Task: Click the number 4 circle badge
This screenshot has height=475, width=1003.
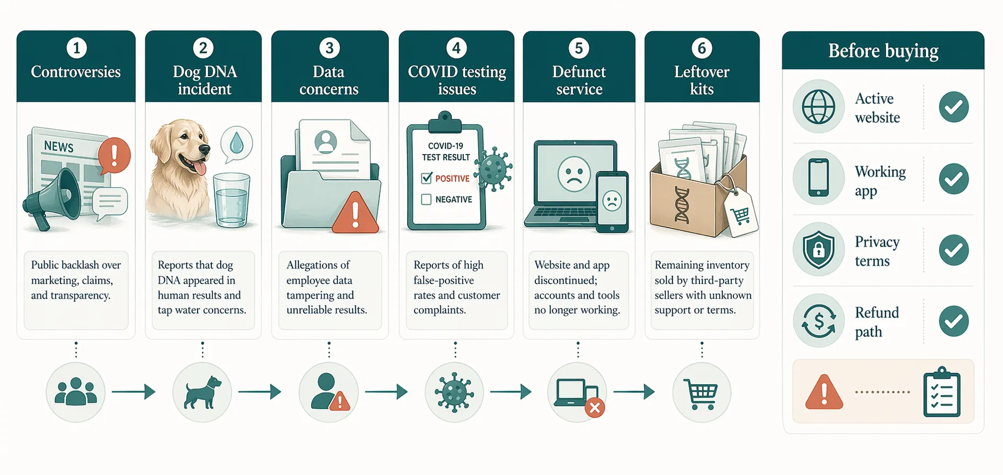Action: (x=456, y=48)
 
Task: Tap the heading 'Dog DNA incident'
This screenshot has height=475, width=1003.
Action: (x=204, y=80)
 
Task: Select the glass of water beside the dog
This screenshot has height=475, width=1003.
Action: (x=231, y=200)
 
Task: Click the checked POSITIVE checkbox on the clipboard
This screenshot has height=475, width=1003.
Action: (x=426, y=178)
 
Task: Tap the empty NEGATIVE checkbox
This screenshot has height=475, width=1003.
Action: (x=426, y=199)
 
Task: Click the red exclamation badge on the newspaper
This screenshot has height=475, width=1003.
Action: (x=114, y=155)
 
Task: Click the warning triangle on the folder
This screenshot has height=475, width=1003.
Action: (x=355, y=214)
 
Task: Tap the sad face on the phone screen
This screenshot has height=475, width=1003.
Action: (x=612, y=201)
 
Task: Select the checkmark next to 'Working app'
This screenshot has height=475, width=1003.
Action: (x=953, y=179)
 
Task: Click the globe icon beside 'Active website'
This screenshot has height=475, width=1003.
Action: (x=818, y=107)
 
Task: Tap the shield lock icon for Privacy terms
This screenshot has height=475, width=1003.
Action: (x=818, y=250)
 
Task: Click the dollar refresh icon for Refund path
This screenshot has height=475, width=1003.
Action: (x=818, y=321)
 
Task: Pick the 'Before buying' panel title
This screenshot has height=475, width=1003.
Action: (x=883, y=51)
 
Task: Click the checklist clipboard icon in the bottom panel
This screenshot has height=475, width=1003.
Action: (x=941, y=393)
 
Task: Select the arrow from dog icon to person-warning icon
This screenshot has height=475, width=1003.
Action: (x=260, y=392)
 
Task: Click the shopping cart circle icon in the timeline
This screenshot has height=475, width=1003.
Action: (x=701, y=393)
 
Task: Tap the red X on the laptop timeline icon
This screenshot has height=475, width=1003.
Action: (x=595, y=408)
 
